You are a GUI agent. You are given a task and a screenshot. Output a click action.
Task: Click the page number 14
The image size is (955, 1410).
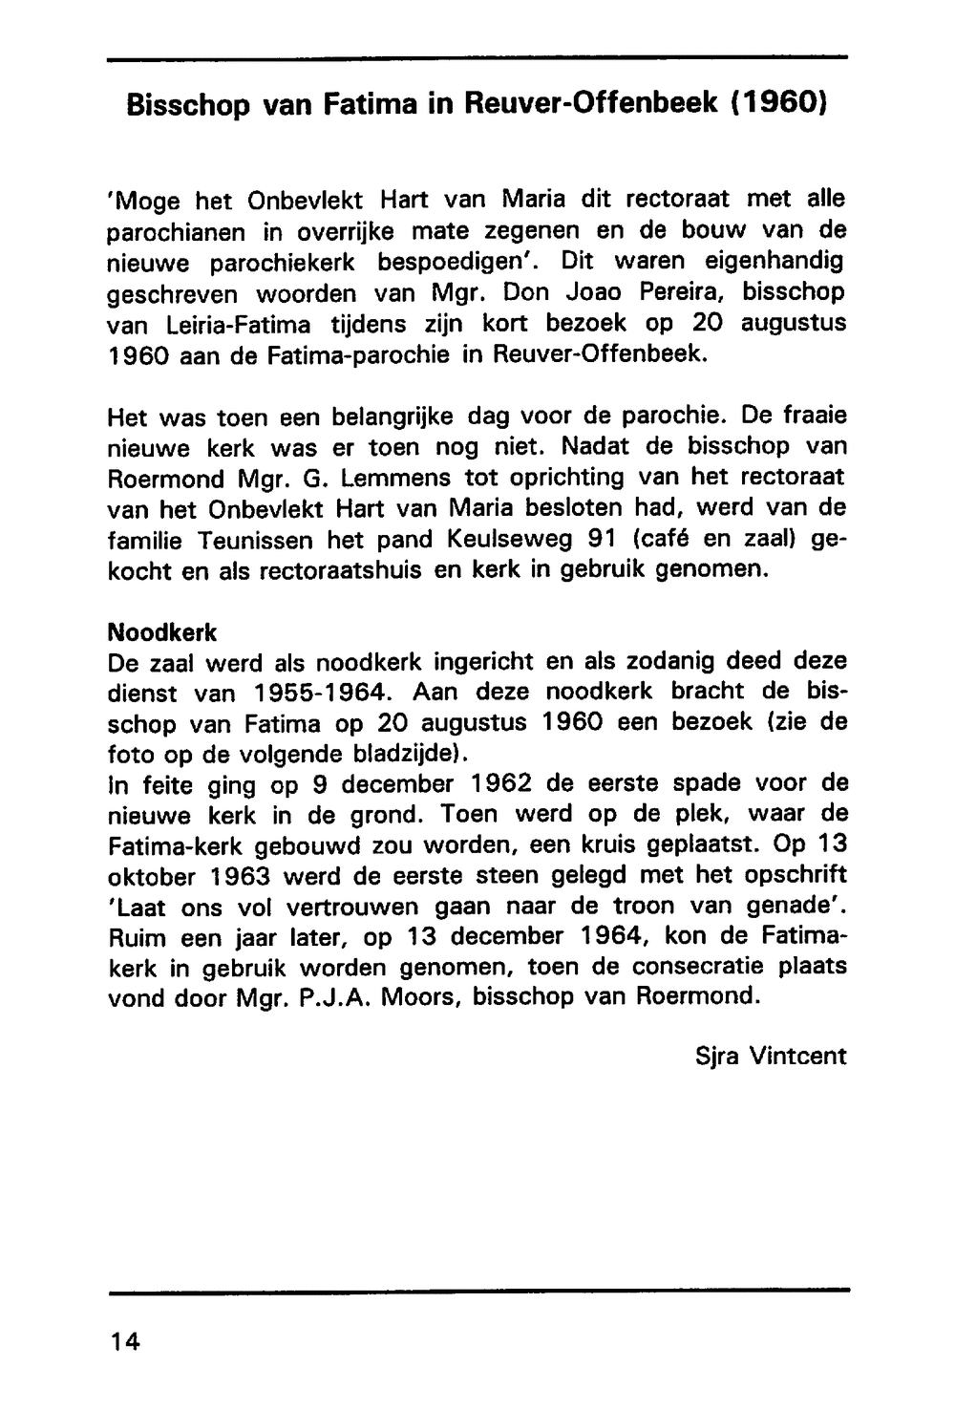(x=124, y=1342)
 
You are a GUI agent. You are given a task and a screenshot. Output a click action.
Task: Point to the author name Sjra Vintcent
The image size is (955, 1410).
(x=772, y=1056)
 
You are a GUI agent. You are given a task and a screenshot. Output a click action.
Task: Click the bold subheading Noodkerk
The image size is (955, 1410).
(x=163, y=632)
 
